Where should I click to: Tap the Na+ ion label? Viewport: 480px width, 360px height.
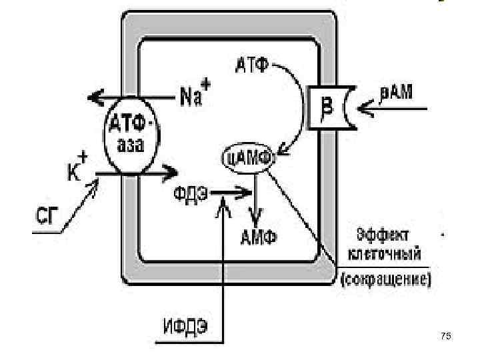194,98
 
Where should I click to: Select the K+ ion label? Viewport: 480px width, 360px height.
79,169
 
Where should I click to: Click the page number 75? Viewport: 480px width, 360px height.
446,337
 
